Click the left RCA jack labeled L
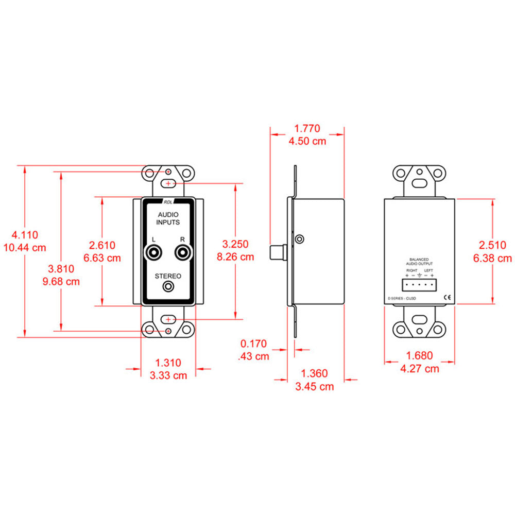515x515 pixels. pyautogui.click(x=153, y=253)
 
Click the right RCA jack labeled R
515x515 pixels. pyautogui.click(x=182, y=253)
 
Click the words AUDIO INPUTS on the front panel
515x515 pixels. pyautogui.click(x=168, y=218)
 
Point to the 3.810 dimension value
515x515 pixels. pyautogui.click(x=61, y=268)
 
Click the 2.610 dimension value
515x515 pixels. pyautogui.click(x=102, y=245)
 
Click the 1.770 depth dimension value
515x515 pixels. pyautogui.click(x=307, y=128)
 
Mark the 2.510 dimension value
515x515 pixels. pyautogui.click(x=492, y=246)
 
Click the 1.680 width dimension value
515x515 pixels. pyautogui.click(x=419, y=355)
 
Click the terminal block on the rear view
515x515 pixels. pyautogui.click(x=419, y=286)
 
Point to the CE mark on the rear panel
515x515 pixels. pyautogui.click(x=447, y=297)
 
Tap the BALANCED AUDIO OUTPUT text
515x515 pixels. pyautogui.click(x=419, y=262)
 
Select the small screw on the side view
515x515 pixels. pyautogui.click(x=300, y=238)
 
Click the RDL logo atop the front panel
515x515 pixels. pyautogui.click(x=168, y=202)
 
